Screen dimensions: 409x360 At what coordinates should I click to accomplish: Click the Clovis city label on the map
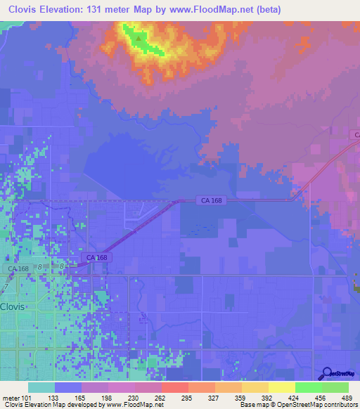pos(13,307)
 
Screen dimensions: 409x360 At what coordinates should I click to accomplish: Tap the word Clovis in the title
pos(24,10)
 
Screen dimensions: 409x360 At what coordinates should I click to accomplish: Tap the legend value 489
pos(347,398)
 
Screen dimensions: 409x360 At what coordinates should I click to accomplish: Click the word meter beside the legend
pos(10,398)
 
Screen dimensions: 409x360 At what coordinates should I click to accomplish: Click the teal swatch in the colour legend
pos(41,387)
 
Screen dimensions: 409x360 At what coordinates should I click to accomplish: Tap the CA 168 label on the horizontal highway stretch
pos(211,201)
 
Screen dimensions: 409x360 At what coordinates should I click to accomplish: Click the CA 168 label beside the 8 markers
pos(19,268)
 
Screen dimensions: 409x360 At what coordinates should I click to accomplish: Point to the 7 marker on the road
pos(6,288)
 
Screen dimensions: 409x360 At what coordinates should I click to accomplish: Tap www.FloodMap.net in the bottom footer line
pos(135,405)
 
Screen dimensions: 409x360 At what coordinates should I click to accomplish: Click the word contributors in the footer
pos(343,405)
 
